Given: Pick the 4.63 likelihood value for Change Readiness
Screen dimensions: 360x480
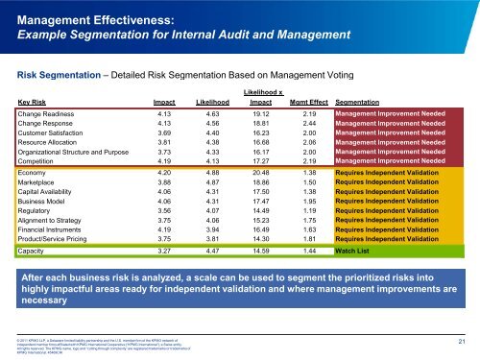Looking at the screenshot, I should (x=217, y=141).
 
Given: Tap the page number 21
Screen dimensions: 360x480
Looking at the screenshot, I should (x=464, y=341).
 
